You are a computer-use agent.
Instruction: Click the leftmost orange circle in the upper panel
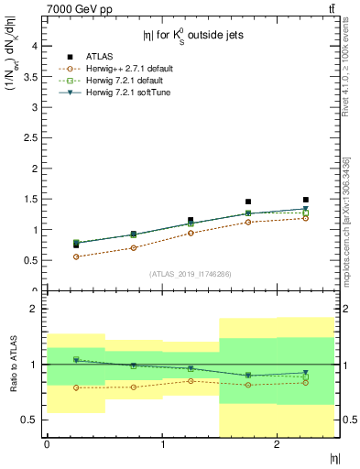pyautogui.click(x=76, y=257)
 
